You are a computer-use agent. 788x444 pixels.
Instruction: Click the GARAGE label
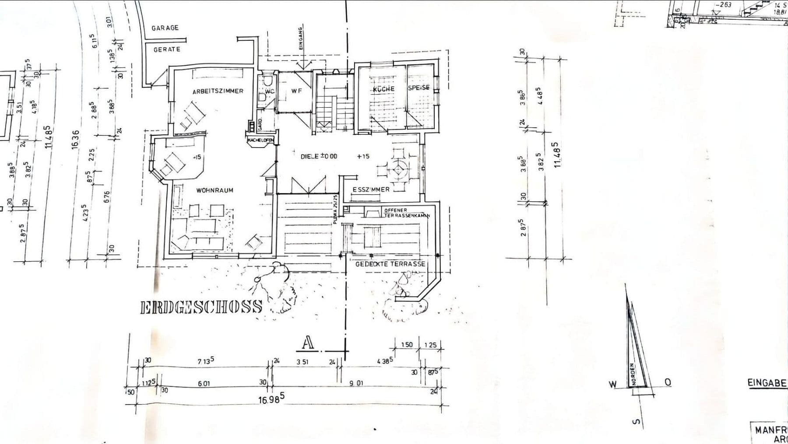click(165, 28)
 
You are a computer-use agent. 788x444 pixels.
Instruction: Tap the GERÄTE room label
click(166, 49)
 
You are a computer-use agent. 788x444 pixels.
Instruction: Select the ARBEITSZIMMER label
click(218, 91)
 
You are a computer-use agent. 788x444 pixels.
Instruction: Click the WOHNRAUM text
click(215, 190)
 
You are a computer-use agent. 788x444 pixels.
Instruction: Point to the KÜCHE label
click(383, 89)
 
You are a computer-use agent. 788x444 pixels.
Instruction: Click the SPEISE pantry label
click(419, 88)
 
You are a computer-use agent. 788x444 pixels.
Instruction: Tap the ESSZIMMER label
click(371, 190)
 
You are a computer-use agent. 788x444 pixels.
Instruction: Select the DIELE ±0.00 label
click(319, 156)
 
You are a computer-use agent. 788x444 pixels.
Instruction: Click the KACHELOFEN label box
click(260, 140)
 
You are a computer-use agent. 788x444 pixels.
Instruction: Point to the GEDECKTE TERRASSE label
click(390, 264)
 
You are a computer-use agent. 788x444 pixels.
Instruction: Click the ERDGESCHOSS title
click(201, 307)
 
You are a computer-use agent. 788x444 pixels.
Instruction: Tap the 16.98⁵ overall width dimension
click(271, 399)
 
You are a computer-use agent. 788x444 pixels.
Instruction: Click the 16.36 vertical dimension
click(75, 140)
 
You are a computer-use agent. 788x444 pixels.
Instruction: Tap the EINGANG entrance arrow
click(302, 61)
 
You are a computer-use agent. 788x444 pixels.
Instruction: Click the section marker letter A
click(308, 343)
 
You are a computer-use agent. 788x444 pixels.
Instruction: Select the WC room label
click(270, 92)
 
